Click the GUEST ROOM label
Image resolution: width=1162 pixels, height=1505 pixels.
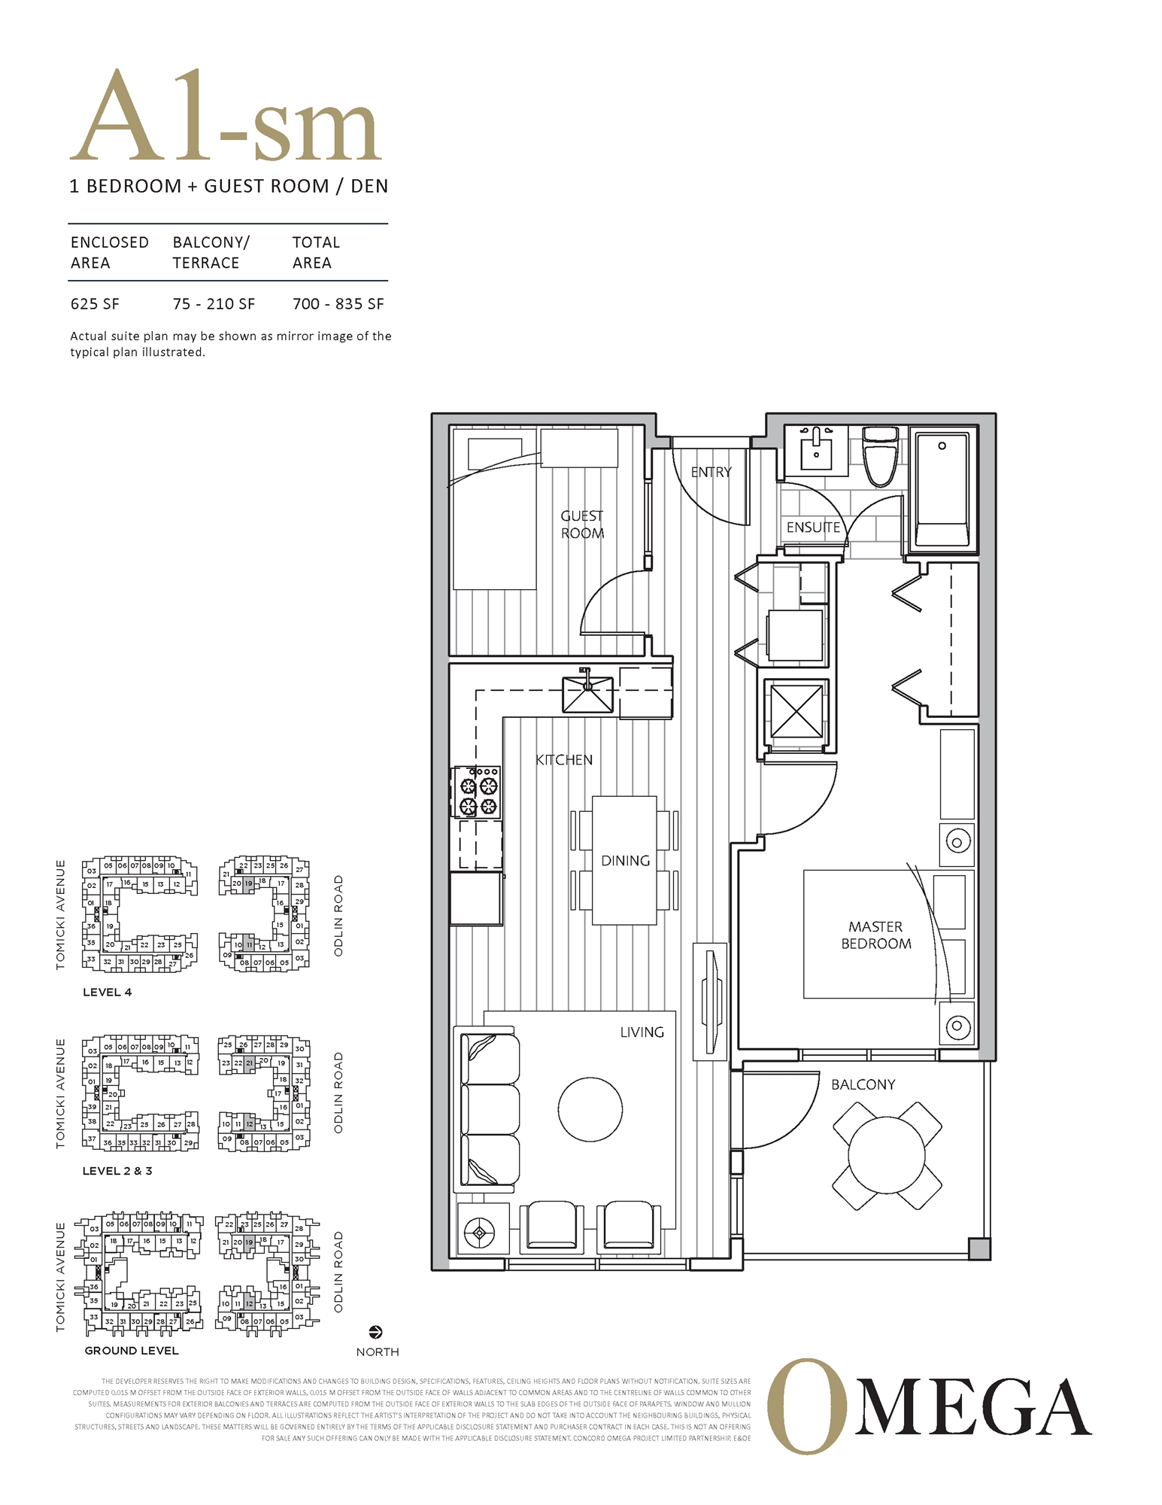[582, 524]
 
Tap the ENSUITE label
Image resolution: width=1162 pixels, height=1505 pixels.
[813, 528]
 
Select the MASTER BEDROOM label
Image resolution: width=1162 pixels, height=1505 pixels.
[875, 935]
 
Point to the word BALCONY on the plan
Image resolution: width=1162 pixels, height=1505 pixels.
[863, 1084]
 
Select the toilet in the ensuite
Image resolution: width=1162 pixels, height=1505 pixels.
[880, 457]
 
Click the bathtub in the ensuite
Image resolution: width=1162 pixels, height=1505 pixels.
[941, 489]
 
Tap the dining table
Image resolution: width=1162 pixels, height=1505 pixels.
[624, 860]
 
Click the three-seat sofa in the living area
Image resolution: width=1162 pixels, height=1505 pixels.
[487, 1110]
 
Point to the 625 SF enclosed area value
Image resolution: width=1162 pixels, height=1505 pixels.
[95, 304]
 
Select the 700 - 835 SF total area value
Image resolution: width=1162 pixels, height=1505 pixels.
[338, 304]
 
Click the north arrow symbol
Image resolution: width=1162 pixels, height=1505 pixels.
[376, 1333]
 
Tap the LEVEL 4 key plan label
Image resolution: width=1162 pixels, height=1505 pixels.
[107, 993]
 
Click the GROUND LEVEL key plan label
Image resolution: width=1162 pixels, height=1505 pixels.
[132, 1351]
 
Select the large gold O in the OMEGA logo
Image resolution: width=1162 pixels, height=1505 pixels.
[806, 1406]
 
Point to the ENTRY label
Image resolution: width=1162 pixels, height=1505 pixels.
[711, 472]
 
